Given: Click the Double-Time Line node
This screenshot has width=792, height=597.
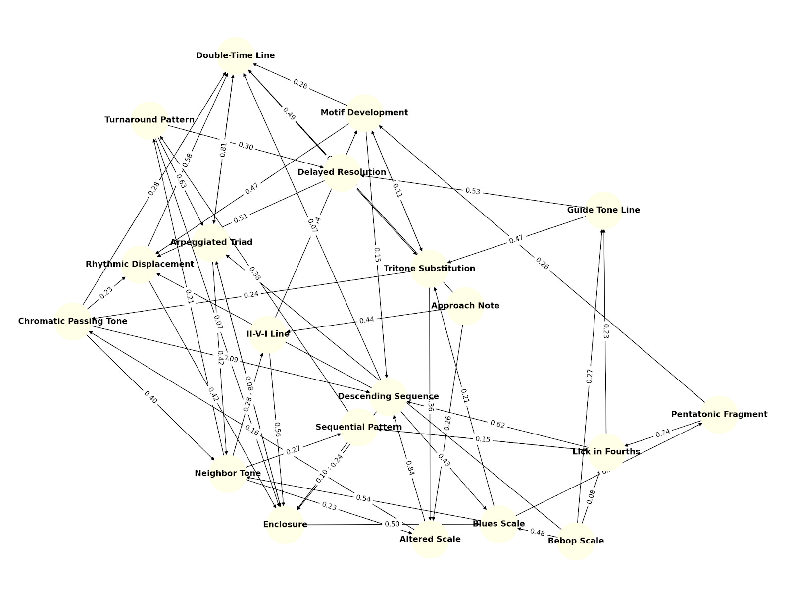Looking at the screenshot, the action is coord(236,55).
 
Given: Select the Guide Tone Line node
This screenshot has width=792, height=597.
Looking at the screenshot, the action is coord(603,210).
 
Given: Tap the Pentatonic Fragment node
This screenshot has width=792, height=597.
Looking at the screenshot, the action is coord(719,414).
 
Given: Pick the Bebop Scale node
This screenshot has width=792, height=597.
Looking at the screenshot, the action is coord(576,541).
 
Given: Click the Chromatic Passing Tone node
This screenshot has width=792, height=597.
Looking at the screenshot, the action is coord(73,321).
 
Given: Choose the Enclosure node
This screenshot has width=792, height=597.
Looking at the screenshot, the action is coord(285,525).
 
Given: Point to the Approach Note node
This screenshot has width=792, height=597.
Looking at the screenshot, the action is coord(465,306).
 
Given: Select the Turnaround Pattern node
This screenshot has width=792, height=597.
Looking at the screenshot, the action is coord(149,120).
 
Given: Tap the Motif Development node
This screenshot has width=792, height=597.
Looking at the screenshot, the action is coord(364,113).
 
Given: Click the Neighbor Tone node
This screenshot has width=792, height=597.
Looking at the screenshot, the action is coord(228,473).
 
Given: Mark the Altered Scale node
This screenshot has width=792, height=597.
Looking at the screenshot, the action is coord(430,539).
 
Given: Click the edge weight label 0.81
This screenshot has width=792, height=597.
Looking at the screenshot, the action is coord(224,150).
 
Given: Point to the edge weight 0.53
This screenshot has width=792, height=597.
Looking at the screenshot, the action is coord(473,191).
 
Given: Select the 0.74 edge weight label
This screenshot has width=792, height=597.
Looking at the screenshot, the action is coord(662,433).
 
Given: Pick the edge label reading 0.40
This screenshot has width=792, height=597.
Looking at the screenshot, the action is coord(150,397).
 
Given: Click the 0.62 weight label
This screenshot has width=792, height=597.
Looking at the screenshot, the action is coord(497,424).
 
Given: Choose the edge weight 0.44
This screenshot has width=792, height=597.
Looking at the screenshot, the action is coord(367,320).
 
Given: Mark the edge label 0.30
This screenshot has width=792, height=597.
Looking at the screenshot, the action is coord(246,146).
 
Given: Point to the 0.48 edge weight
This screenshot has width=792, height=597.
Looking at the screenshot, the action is coord(537,532).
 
